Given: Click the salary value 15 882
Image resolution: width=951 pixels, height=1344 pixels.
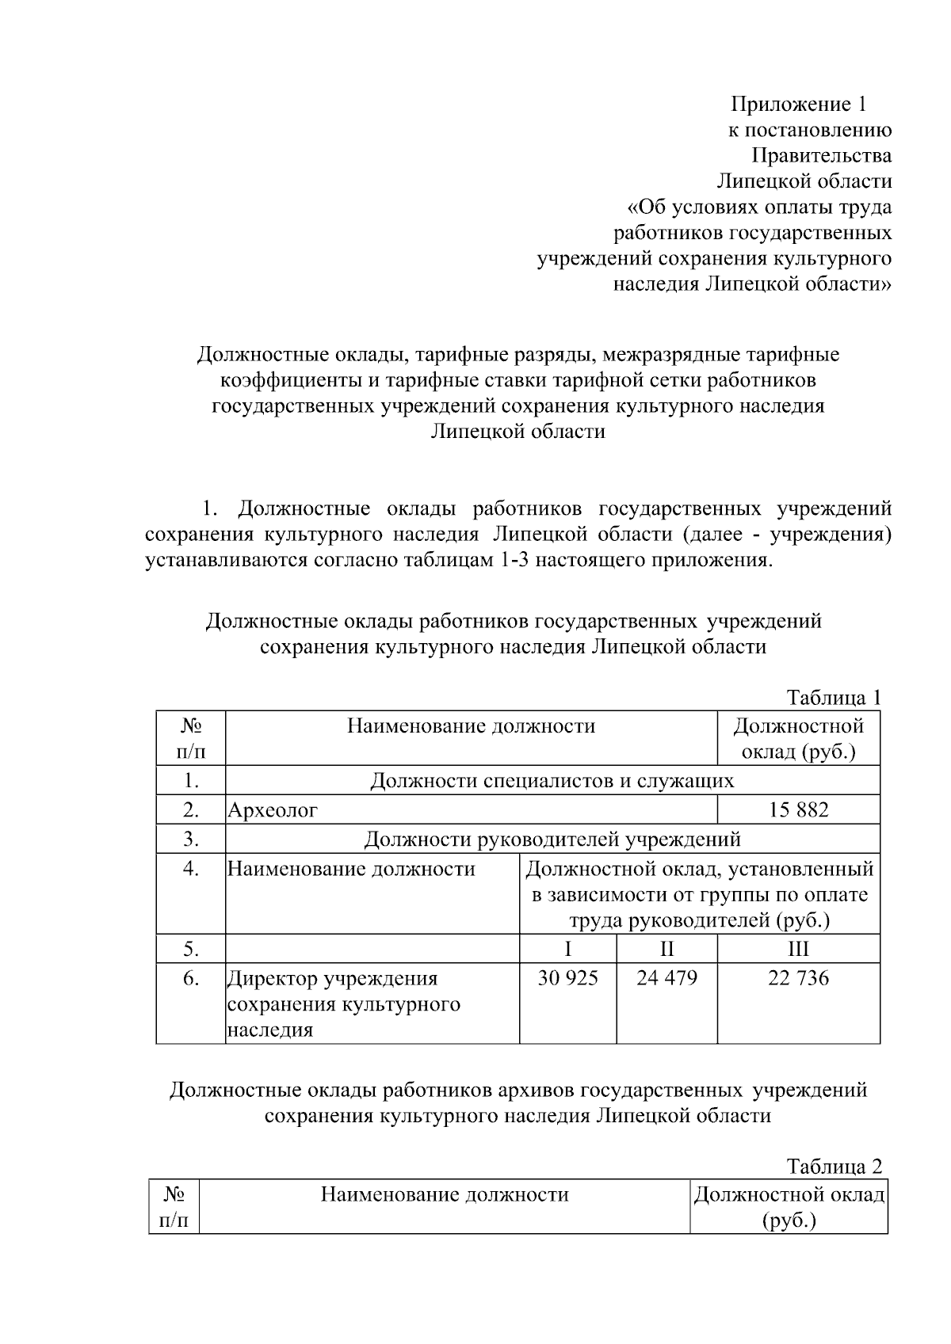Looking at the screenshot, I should point(798,810).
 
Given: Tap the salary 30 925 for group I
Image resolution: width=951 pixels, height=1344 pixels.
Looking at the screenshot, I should point(567,978).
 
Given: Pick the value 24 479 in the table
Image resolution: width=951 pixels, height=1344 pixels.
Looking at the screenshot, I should point(666,978).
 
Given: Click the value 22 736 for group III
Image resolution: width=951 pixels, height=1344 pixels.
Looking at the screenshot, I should point(798,978).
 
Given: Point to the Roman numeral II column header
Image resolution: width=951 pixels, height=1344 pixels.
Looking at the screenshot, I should point(666,949).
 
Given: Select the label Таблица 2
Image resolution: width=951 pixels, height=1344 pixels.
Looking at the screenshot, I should point(834,1167).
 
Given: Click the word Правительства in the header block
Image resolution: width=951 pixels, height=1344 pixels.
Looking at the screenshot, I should point(822,155).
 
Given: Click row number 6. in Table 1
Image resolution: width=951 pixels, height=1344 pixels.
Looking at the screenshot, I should point(191,978).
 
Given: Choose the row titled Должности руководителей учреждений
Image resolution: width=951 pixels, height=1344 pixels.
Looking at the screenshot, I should point(552,839).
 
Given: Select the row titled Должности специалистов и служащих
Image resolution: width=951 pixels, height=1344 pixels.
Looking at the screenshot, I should point(552,781).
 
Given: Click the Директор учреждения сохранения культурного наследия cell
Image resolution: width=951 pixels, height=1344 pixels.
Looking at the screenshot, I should point(344,1003).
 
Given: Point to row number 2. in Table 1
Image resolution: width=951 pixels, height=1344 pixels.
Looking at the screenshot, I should point(191,810).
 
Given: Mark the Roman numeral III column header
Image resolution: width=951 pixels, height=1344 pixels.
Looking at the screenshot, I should point(798,949).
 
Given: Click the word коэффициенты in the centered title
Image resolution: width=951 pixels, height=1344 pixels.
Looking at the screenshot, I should point(290,380).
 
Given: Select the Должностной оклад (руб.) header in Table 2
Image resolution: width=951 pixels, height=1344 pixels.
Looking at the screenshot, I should point(789,1207).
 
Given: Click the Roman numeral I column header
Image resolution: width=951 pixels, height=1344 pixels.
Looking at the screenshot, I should point(567,949).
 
